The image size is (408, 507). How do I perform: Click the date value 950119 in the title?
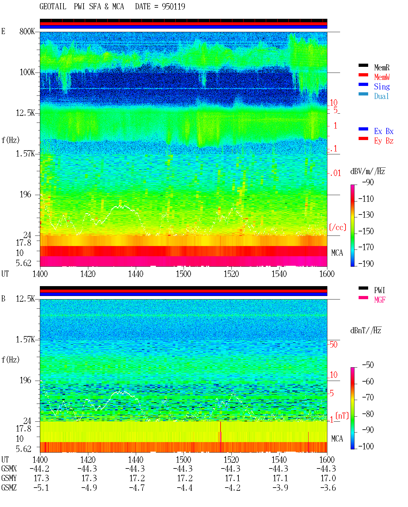pos(173,7)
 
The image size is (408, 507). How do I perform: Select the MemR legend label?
pos(382,67)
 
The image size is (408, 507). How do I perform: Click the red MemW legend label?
pos(382,77)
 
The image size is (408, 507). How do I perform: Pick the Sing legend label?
pos(382,87)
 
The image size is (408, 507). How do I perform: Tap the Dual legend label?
pos(382,96)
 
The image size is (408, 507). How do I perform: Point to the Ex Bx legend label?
pos(384,131)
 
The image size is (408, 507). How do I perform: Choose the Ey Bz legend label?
pos(384,141)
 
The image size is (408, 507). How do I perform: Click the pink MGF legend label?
pos(380,300)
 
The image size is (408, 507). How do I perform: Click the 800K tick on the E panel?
pos(27,31)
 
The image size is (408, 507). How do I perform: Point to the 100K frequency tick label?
pos(27,72)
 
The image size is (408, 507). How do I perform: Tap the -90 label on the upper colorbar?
pos(368,182)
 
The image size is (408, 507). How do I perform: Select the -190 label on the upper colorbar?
pos(366,264)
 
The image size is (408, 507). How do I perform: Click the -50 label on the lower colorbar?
pos(368,365)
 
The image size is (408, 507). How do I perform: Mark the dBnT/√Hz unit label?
pos(366,330)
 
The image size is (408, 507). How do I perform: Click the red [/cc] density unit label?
pos(338,227)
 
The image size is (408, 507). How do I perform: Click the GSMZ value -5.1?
pos(41,488)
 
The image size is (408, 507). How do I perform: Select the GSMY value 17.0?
pos(328,478)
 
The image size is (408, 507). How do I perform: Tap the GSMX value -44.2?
pos(39,468)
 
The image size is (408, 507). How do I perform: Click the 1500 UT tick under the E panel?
pos(183,274)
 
